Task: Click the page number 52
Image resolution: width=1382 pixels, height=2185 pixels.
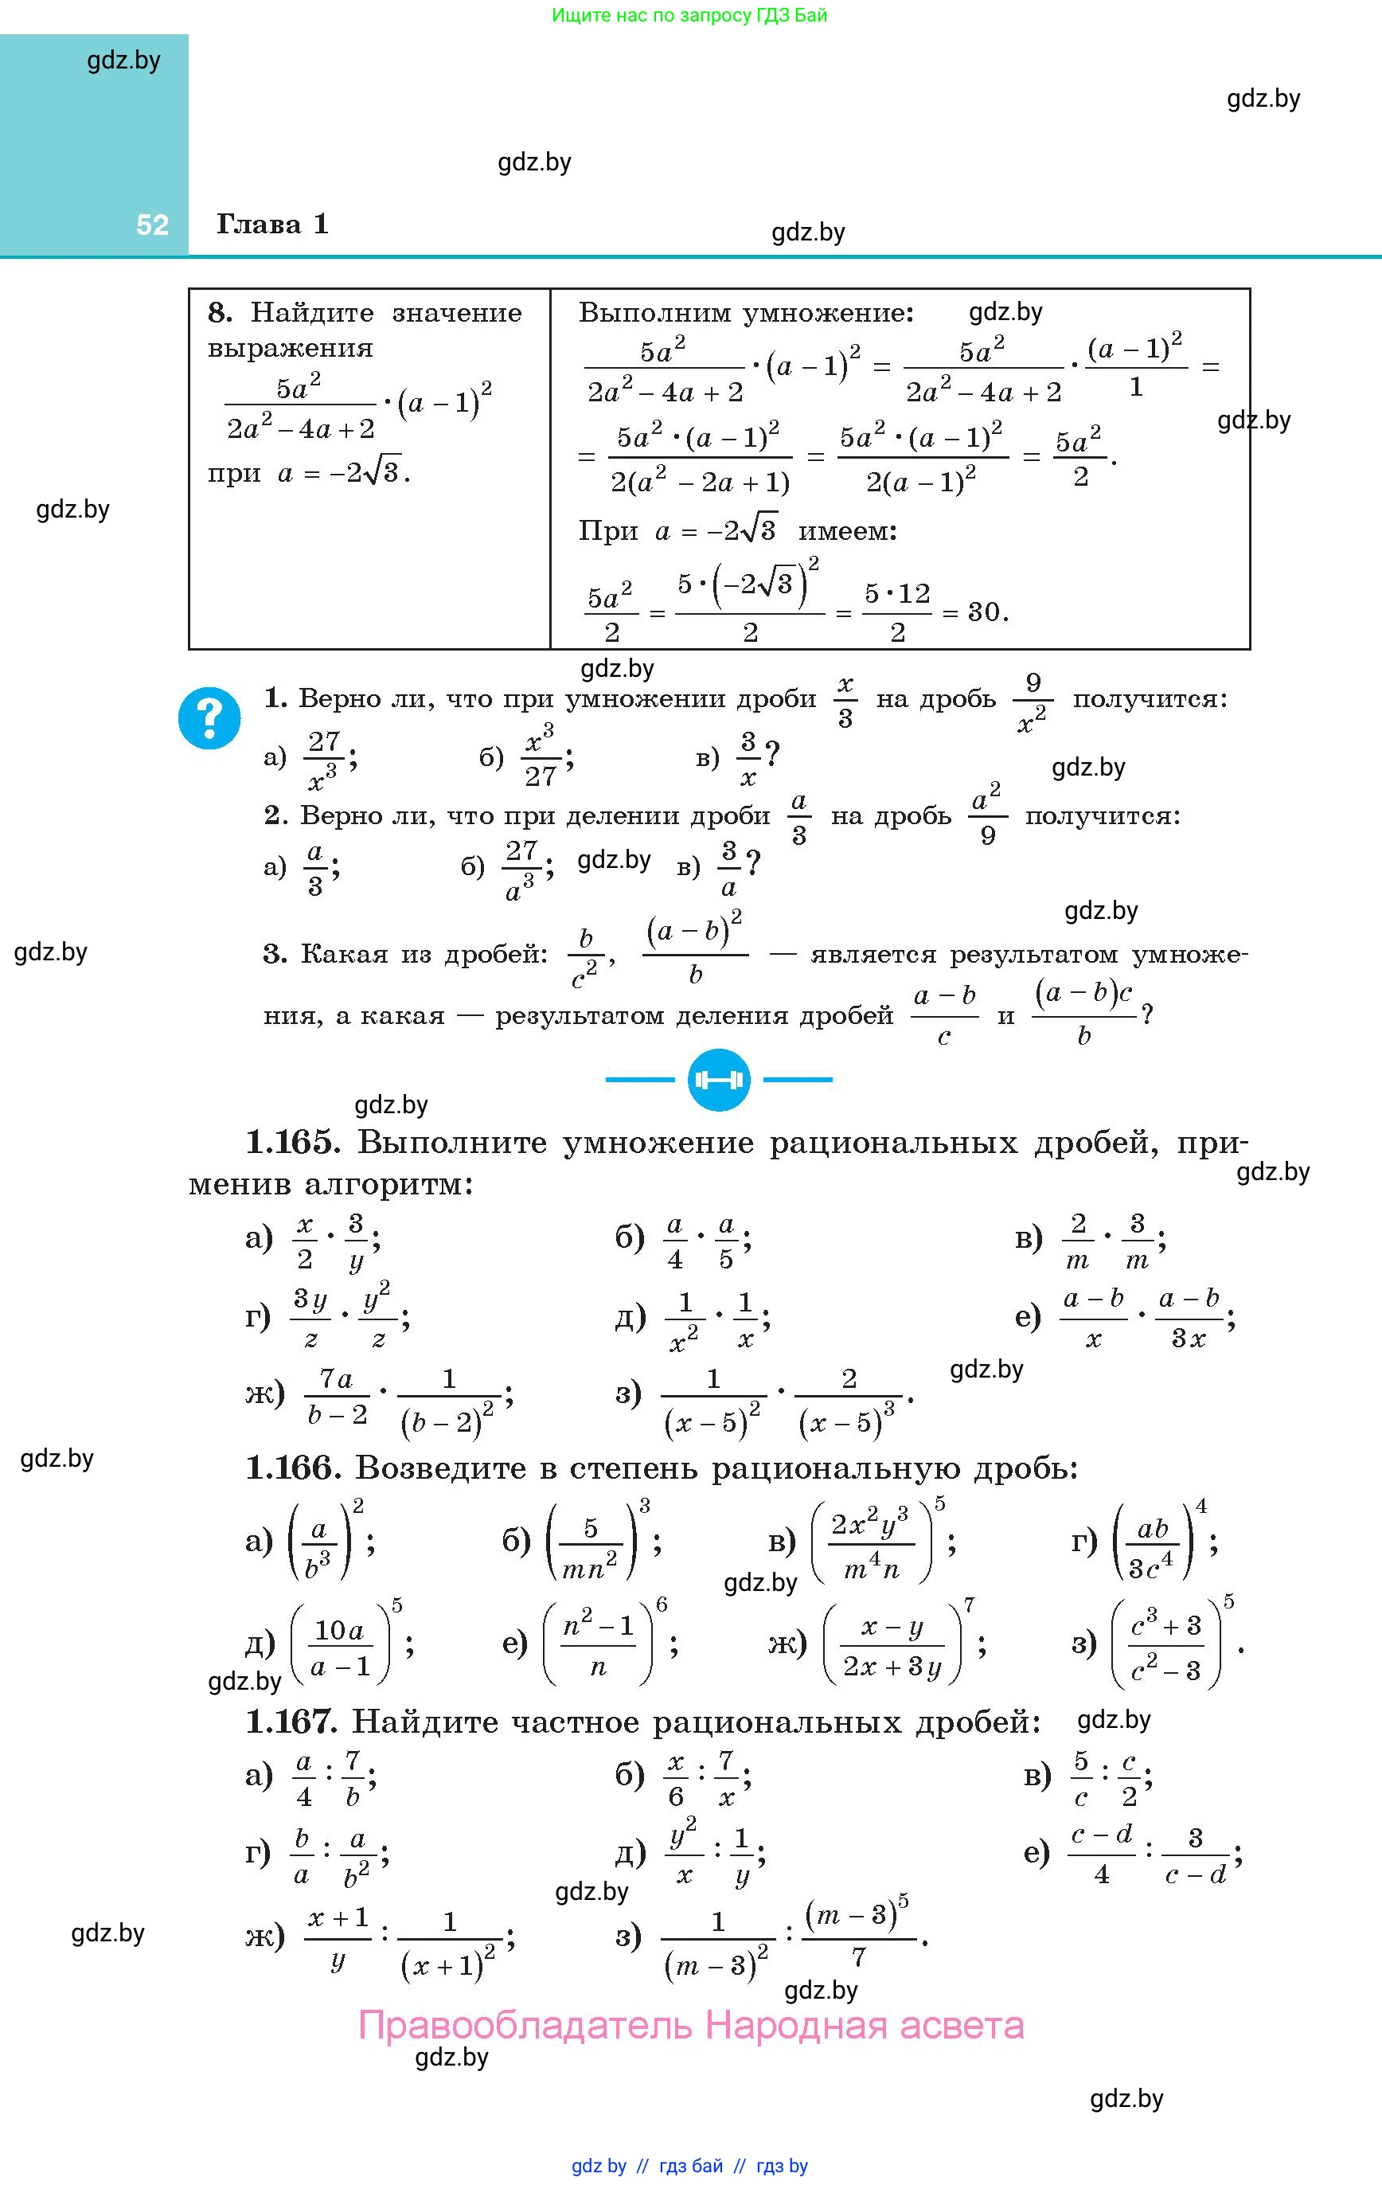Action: pyautogui.click(x=152, y=225)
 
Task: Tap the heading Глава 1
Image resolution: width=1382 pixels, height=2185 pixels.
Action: pyautogui.click(x=272, y=224)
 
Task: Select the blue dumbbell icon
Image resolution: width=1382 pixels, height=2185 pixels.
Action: pyautogui.click(x=719, y=1080)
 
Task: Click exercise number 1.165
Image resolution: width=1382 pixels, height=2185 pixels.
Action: pyautogui.click(x=292, y=1143)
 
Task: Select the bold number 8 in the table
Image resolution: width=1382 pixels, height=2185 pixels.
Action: pyautogui.click(x=219, y=313)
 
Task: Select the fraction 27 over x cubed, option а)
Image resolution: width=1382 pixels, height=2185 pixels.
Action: pyautogui.click(x=323, y=760)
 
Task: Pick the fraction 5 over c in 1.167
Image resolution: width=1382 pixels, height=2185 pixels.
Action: pyautogui.click(x=1081, y=1778)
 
